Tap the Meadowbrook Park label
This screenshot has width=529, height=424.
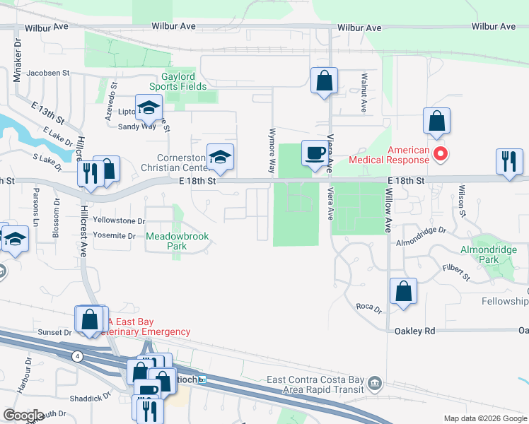tap(178, 242)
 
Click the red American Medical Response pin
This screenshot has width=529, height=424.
tap(441, 153)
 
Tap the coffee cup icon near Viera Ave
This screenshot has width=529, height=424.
tap(315, 153)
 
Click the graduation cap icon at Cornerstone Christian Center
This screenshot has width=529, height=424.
tap(220, 157)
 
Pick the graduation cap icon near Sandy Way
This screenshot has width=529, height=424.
tap(149, 108)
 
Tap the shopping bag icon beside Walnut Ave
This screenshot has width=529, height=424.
tap(324, 80)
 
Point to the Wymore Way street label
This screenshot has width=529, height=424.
tap(271, 151)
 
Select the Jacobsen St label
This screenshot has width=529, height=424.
tap(48, 72)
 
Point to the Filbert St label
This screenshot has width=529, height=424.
tap(456, 272)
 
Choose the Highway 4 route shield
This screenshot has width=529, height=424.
tap(75, 356)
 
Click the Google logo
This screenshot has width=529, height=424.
tap(23, 416)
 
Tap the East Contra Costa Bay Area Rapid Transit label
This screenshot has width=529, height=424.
tap(315, 385)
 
